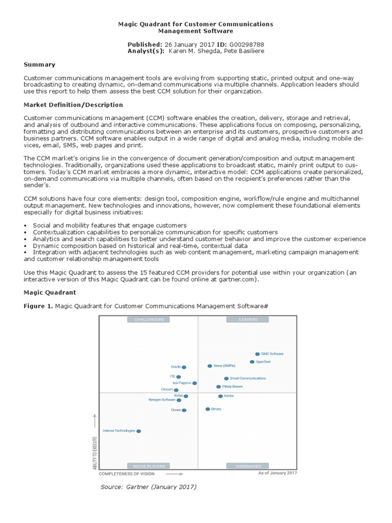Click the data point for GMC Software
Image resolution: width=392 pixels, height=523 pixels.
257,354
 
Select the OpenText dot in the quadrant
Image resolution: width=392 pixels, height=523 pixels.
252,362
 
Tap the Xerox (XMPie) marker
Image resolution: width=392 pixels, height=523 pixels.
210,366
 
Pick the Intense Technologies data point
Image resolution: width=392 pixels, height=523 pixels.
138,431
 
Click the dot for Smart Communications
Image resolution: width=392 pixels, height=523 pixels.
227,379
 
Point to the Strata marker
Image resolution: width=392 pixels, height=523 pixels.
207,409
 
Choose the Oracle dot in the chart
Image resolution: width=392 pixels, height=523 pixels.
184,367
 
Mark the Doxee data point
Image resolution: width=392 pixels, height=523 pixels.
184,410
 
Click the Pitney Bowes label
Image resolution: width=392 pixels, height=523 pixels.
233,387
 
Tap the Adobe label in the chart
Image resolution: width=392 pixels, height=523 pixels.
229,396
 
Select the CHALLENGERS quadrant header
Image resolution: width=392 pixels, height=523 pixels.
149,320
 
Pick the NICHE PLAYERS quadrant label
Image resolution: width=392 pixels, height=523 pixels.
149,466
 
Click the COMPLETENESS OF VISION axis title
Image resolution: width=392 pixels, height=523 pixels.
127,474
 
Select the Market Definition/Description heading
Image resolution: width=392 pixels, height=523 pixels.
73,105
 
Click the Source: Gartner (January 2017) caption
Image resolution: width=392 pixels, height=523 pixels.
149,487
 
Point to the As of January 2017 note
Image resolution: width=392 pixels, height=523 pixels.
278,473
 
